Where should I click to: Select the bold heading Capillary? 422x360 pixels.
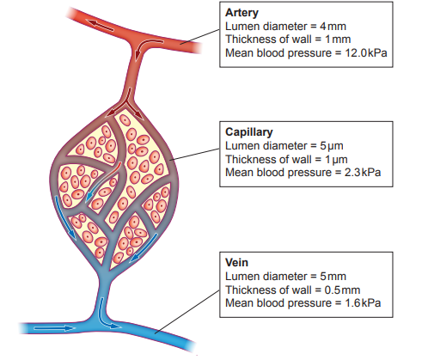(x=249, y=133)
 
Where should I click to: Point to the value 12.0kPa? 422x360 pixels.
(x=369, y=53)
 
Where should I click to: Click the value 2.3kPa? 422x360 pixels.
(x=363, y=173)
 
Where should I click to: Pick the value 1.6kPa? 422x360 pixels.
(x=363, y=303)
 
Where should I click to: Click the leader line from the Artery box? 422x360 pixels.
(x=199, y=35)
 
